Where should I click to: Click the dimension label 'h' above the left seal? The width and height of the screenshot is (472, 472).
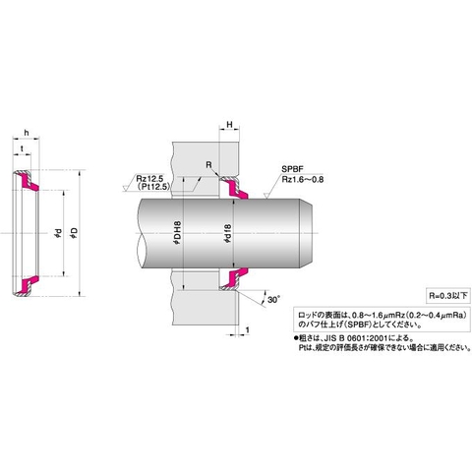26,134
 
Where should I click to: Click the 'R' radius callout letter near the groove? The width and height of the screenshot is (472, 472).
207,165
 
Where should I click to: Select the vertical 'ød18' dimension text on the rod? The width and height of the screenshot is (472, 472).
228,238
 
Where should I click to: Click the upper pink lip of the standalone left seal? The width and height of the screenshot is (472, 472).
26,182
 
